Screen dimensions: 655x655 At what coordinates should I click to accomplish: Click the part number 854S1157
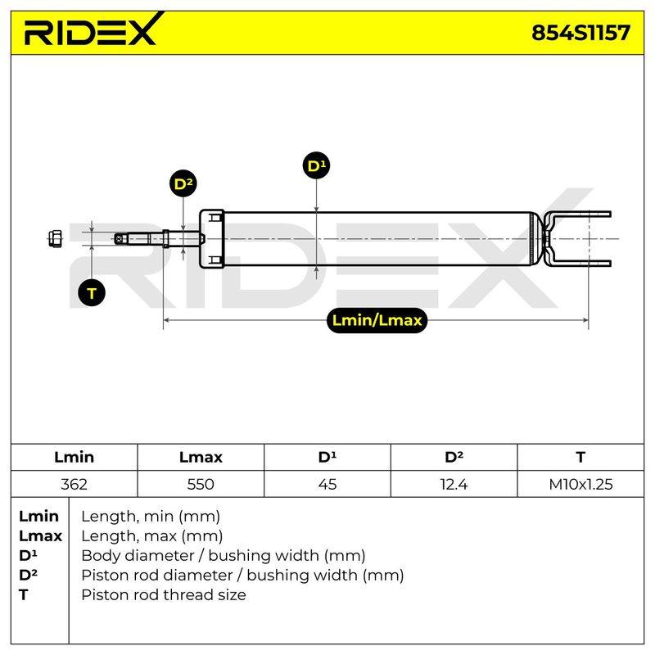pos(580,33)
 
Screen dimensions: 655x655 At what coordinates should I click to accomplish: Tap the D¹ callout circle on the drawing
pos(316,165)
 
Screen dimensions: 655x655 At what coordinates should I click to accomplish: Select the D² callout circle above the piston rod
pos(183,183)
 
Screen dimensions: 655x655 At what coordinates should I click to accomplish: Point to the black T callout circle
pos(92,292)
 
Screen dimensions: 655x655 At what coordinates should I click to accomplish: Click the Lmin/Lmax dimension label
pos(377,320)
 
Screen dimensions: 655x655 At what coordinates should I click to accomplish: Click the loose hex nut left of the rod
pos(55,238)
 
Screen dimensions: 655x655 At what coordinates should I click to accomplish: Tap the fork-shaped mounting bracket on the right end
pos(576,239)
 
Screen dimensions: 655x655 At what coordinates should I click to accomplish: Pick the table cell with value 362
pos(74,484)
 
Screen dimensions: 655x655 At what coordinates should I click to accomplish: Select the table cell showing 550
pos(201,484)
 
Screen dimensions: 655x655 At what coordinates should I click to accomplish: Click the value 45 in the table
pos(327,484)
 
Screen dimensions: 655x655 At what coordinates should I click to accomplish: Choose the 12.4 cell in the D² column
pos(454,484)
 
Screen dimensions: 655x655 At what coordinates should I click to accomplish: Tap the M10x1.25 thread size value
pos(580,484)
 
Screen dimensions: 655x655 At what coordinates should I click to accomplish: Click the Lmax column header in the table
pos(201,457)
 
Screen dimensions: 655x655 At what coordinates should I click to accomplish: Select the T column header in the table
pos(580,457)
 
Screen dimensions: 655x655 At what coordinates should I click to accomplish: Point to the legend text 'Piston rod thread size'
pos(163,594)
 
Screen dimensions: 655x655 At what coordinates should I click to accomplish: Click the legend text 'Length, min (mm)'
pos(151,517)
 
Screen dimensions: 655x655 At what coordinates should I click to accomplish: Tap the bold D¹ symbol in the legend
pos(28,555)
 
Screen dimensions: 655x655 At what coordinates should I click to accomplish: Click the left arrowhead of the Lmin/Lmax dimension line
pos(166,320)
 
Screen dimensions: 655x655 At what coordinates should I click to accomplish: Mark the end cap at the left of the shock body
pos(212,239)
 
